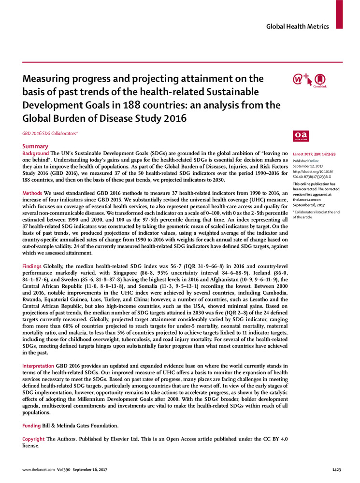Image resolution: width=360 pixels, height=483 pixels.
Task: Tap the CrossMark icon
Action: tap(319, 80)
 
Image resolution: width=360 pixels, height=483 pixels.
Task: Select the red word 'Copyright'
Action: tap(34, 439)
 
